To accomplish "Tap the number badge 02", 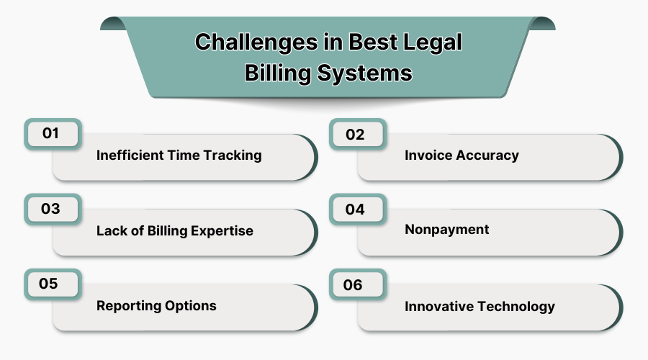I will (x=356, y=135).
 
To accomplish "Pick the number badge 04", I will (x=356, y=210).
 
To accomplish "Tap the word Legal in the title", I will (x=429, y=42).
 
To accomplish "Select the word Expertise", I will (x=219, y=231).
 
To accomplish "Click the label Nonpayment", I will (x=446, y=230).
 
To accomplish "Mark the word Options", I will (x=191, y=305).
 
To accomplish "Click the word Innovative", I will (x=439, y=306).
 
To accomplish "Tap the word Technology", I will (x=516, y=306).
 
